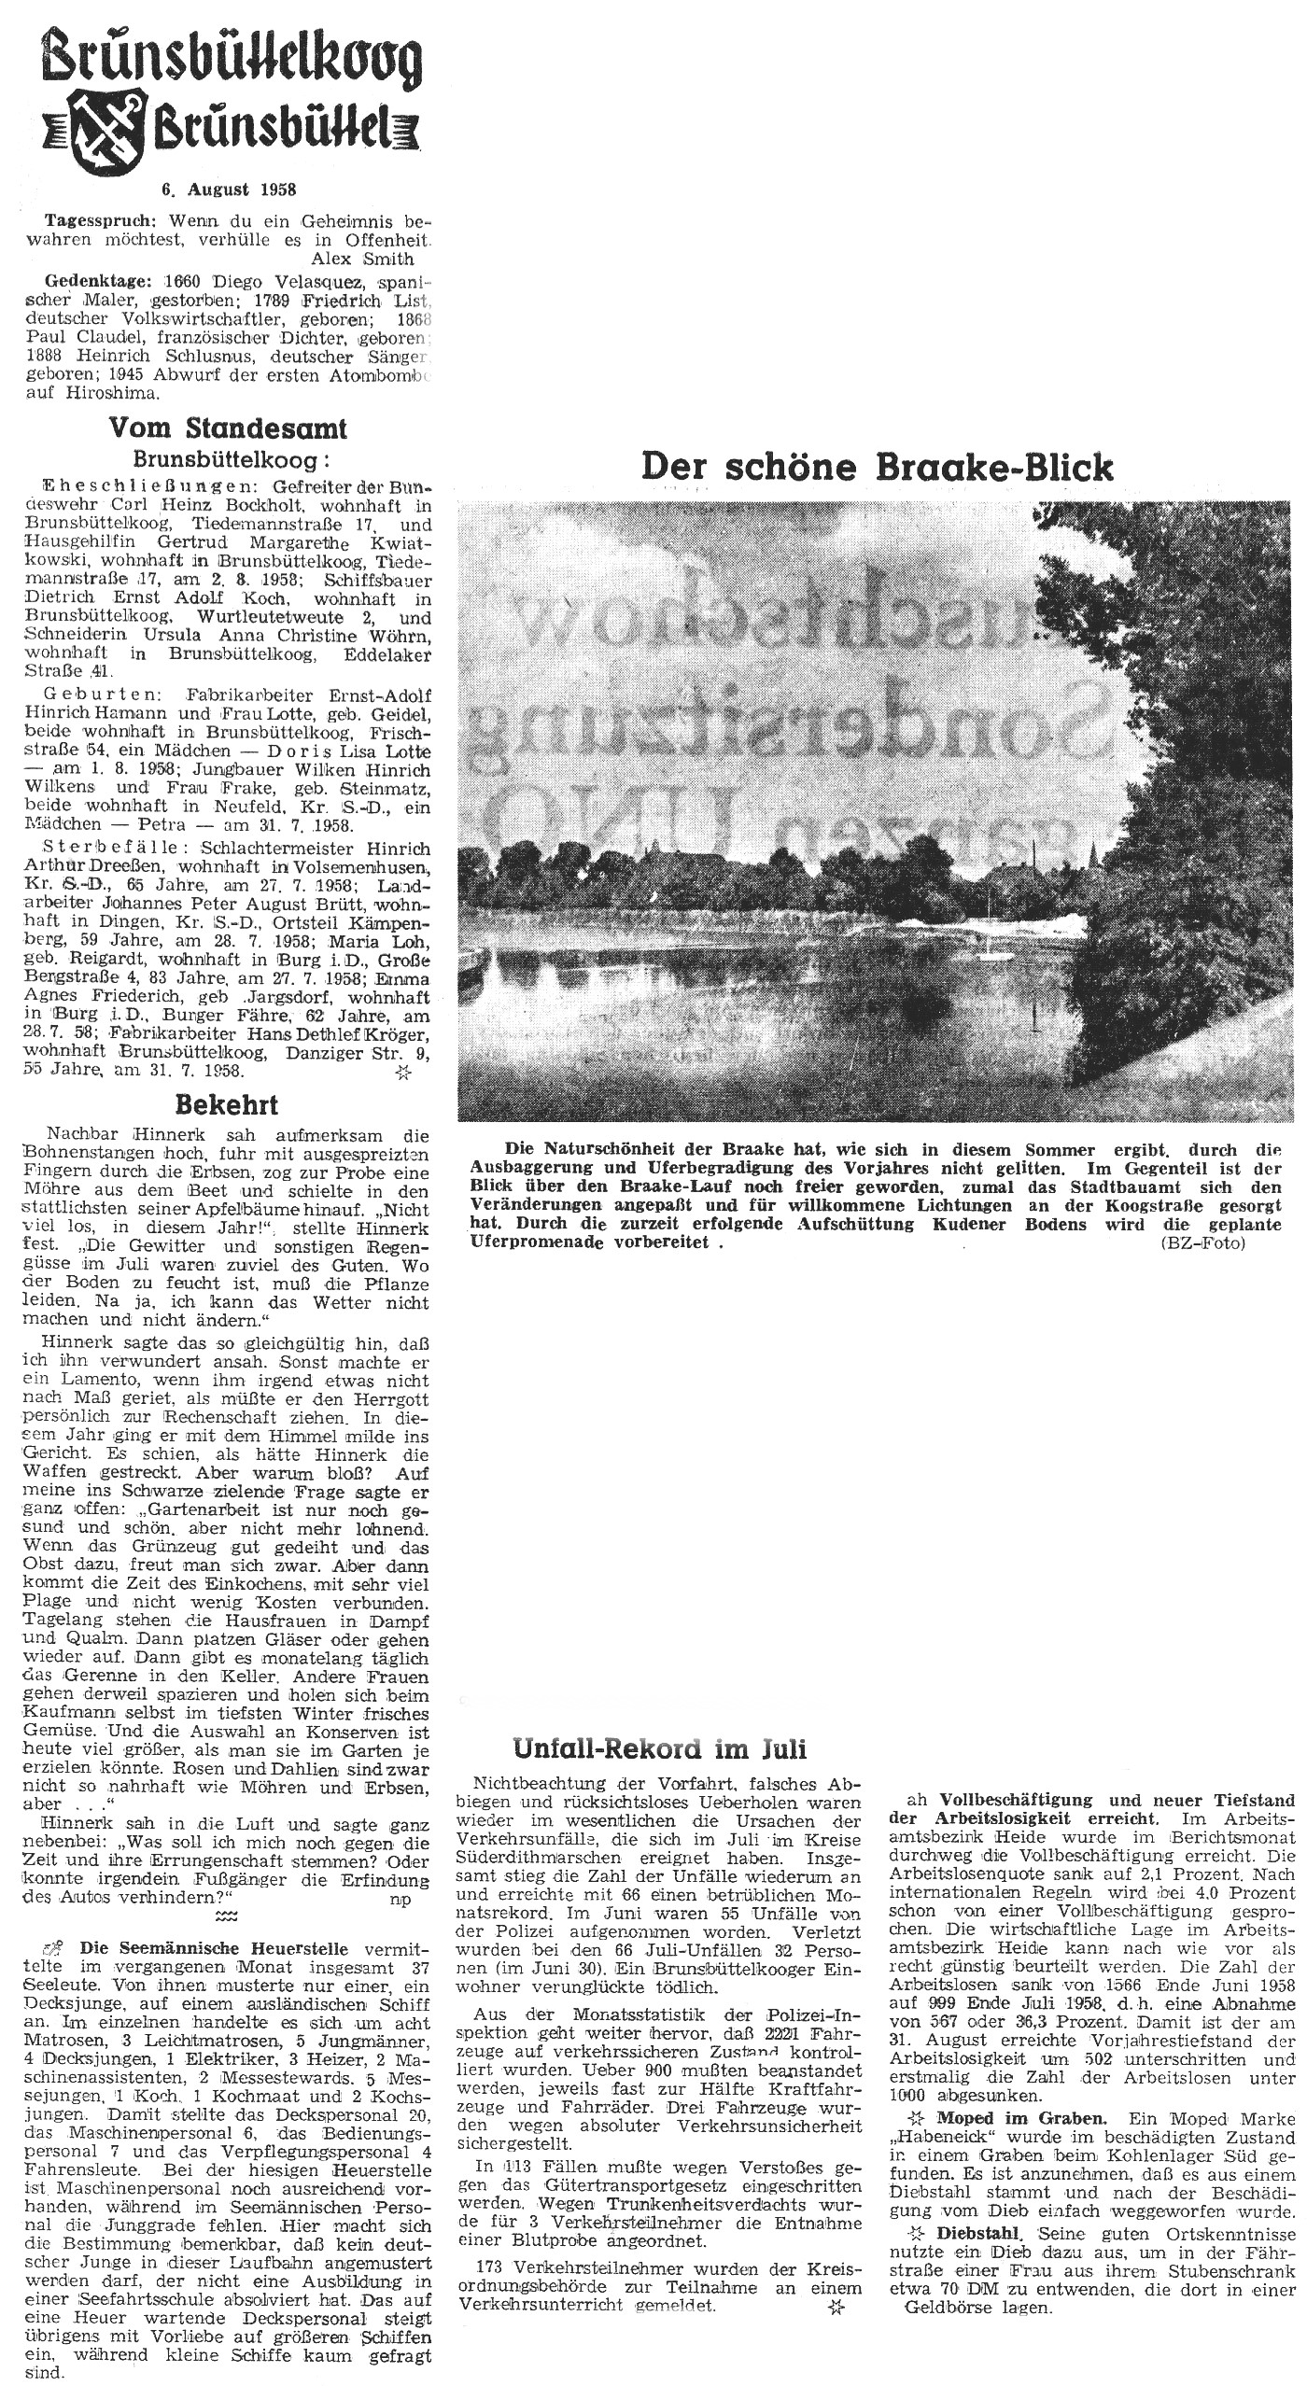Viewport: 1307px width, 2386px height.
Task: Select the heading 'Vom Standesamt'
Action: [x=228, y=428]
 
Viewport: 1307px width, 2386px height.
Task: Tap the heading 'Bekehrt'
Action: [x=227, y=1105]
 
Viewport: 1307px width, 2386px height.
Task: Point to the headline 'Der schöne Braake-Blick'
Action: [x=878, y=467]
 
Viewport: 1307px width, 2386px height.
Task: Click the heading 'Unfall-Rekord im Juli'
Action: [x=659, y=1747]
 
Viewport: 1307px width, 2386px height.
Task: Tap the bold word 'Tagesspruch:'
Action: [x=97, y=223]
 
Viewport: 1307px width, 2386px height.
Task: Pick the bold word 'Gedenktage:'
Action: [x=94, y=281]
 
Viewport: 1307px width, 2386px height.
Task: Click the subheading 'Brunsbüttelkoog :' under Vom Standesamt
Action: [x=232, y=459]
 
